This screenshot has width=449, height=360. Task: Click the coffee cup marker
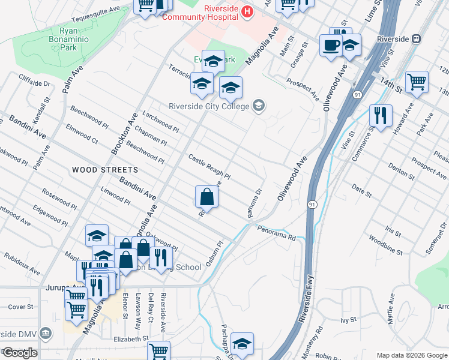pos(331,46)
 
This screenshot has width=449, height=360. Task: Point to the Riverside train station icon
pos(415,39)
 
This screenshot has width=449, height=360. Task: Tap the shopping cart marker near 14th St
pos(417,82)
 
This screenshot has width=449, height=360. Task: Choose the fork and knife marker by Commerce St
pos(380,116)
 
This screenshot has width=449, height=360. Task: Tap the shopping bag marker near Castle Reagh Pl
pos(206,197)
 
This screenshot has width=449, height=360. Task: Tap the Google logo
pos(19,352)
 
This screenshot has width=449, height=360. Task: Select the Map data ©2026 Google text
pos(412,355)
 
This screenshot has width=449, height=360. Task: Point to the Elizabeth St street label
pos(129,339)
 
